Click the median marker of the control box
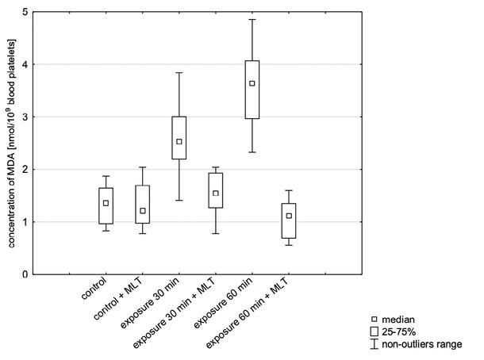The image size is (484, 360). click(106, 203)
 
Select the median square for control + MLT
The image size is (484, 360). click(142, 211)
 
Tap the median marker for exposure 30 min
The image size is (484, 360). click(179, 142)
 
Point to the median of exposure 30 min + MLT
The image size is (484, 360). click(216, 193)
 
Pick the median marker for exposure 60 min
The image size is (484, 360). click(252, 83)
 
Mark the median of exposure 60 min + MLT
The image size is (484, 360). click(289, 216)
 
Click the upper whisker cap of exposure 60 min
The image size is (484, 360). click(252, 19)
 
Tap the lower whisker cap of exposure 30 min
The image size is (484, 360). click(179, 201)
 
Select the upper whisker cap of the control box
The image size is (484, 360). click(106, 176)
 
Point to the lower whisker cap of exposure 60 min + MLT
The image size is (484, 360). click(289, 245)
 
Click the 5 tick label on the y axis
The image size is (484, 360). click(25, 12)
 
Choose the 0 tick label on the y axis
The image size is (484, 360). click(25, 274)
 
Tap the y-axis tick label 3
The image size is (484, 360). click(25, 117)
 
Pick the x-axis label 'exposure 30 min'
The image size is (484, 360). click(155, 306)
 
